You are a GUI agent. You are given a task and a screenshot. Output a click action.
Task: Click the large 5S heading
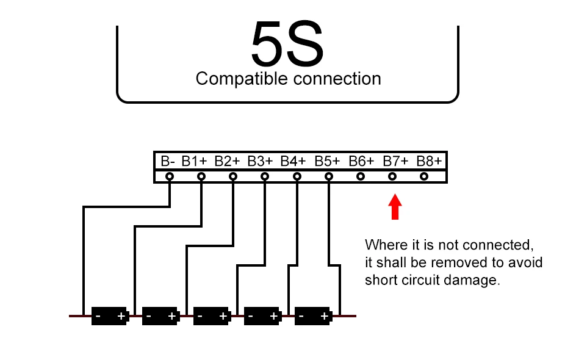pyautogui.click(x=287, y=46)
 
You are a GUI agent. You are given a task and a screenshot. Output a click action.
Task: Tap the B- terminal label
pyautogui.click(x=168, y=161)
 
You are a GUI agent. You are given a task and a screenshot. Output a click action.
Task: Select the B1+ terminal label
pyautogui.click(x=195, y=161)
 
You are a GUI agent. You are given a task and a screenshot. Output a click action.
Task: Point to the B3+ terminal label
pyautogui.click(x=260, y=161)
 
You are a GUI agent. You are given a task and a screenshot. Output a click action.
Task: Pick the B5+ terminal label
pyautogui.click(x=327, y=161)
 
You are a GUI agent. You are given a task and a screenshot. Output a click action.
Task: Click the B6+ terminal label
pyautogui.click(x=361, y=161)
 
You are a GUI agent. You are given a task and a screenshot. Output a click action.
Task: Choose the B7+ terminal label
pyautogui.click(x=395, y=161)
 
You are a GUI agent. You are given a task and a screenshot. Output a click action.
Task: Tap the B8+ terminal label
pyautogui.click(x=429, y=161)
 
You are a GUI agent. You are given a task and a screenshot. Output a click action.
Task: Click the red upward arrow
pyautogui.click(x=395, y=206)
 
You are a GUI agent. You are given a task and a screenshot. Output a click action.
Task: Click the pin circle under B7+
pyautogui.click(x=392, y=176)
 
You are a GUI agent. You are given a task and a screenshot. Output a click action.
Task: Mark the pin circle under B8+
pyautogui.click(x=424, y=176)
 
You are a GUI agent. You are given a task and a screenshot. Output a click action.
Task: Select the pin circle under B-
pyautogui.click(x=170, y=176)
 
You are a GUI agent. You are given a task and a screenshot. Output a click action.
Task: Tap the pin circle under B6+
pyautogui.click(x=361, y=176)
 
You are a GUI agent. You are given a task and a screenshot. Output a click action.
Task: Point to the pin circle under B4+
pyautogui.click(x=297, y=176)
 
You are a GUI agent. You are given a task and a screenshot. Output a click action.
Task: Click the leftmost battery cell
pyautogui.click(x=109, y=315)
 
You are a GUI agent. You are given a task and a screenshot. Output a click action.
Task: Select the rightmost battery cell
pyautogui.click(x=313, y=315)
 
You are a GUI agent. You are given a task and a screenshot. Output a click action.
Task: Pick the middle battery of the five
pyautogui.click(x=211, y=315)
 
